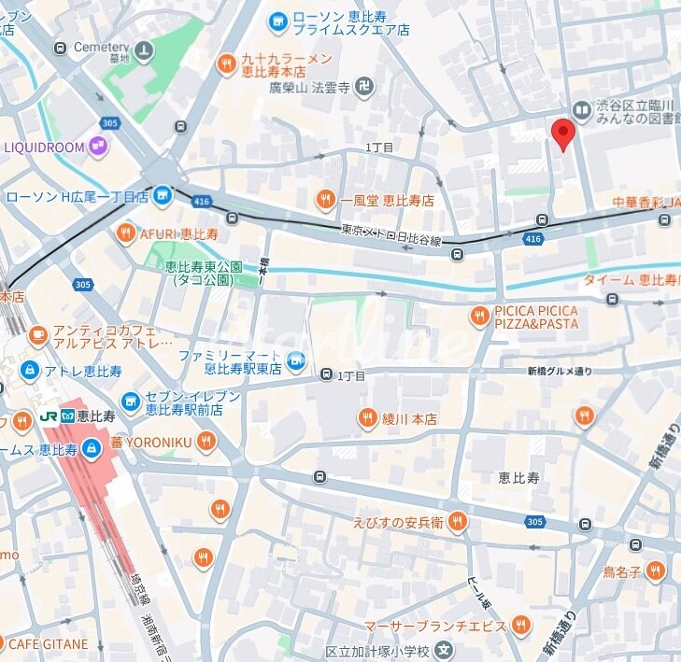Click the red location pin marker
(561, 133)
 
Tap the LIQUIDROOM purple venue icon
(98, 146)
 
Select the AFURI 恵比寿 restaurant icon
(125, 233)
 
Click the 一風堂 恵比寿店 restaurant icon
(325, 199)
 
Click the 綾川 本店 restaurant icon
(367, 418)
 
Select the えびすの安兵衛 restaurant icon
(457, 521)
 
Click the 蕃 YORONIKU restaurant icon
(206, 441)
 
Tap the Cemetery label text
(102, 47)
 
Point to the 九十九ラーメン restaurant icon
(225, 63)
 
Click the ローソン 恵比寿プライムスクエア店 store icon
(277, 21)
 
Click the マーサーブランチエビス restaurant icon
(522, 626)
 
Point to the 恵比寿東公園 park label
(204, 273)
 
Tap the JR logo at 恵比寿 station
(50, 416)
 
